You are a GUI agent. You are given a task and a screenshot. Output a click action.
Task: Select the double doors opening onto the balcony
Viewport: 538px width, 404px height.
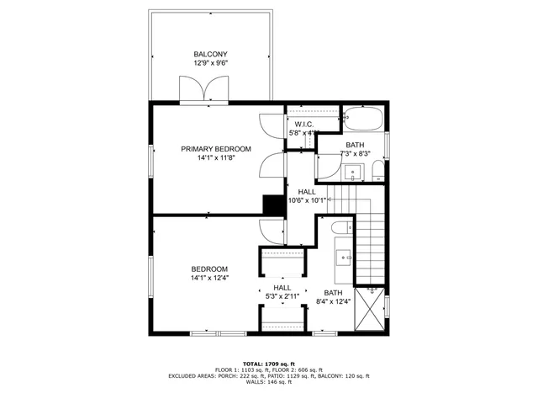click(x=204, y=88)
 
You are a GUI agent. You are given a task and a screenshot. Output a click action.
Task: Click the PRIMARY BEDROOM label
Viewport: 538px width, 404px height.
click(x=216, y=148)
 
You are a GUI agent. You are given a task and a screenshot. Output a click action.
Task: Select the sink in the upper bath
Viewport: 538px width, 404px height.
click(x=353, y=173)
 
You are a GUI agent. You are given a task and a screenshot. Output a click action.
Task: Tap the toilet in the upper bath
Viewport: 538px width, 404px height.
click(x=377, y=173)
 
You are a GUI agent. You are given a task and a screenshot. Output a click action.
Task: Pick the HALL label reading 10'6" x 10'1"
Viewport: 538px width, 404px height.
click(x=307, y=196)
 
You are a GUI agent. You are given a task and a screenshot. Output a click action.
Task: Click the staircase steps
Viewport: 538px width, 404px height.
click(x=370, y=244)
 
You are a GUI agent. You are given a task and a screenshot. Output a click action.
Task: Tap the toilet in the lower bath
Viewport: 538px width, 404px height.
click(x=336, y=228)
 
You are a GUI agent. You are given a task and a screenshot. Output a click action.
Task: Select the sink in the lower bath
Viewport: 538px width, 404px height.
click(x=342, y=256)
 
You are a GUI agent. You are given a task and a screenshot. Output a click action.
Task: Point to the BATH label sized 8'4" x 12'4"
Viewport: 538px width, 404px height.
click(x=332, y=296)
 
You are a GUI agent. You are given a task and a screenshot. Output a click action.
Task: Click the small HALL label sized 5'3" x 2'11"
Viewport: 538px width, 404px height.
click(x=282, y=292)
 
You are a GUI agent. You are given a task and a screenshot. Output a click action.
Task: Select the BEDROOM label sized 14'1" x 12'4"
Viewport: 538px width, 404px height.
click(x=209, y=273)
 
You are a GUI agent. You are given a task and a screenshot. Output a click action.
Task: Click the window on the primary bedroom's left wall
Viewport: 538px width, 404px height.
click(x=151, y=160)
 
